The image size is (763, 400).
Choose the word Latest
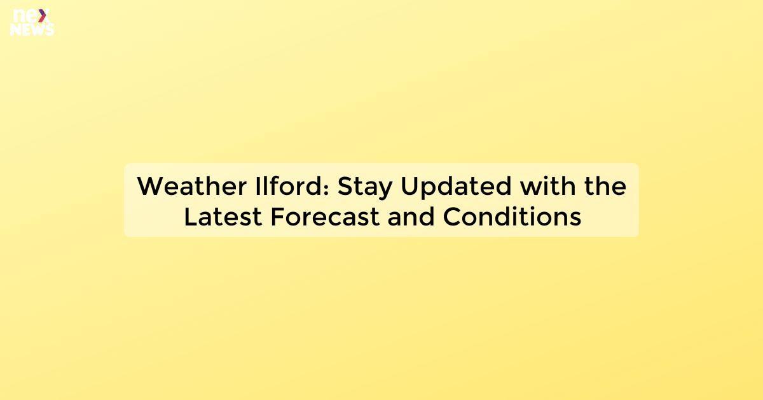tap(223, 217)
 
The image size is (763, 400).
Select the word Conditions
tap(512, 217)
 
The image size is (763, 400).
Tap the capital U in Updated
tap(409, 187)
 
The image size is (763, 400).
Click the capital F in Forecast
tap(277, 217)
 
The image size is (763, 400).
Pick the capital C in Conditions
tap(452, 217)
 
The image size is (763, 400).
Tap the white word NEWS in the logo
tap(32, 29)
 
